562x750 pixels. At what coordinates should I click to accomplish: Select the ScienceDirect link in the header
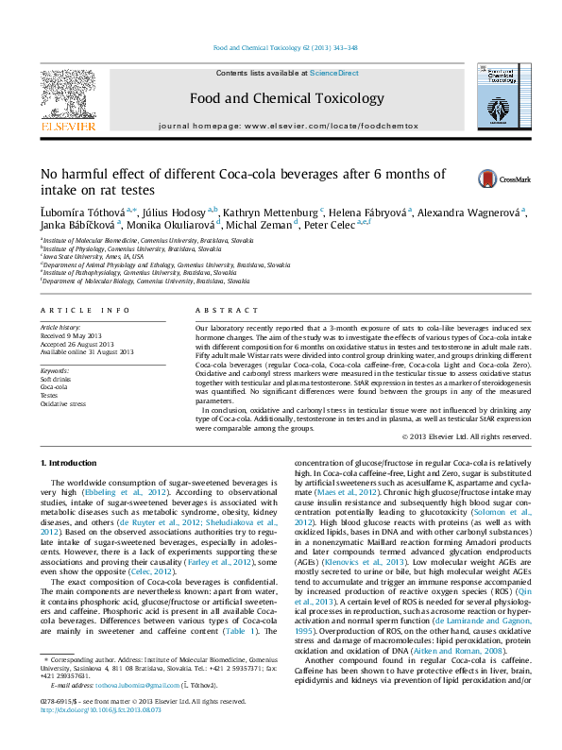[334, 73]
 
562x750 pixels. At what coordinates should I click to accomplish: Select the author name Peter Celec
[330, 225]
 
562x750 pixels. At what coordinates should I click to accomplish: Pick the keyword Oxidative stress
[62, 403]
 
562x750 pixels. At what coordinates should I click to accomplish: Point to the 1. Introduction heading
[71, 461]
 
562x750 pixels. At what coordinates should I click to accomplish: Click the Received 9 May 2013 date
[74, 335]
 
